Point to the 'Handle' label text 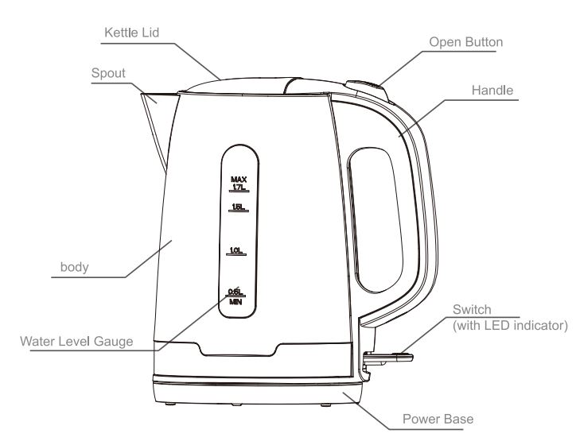click(x=494, y=90)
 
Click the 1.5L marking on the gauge click(x=236, y=207)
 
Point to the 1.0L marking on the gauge click(x=236, y=252)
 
